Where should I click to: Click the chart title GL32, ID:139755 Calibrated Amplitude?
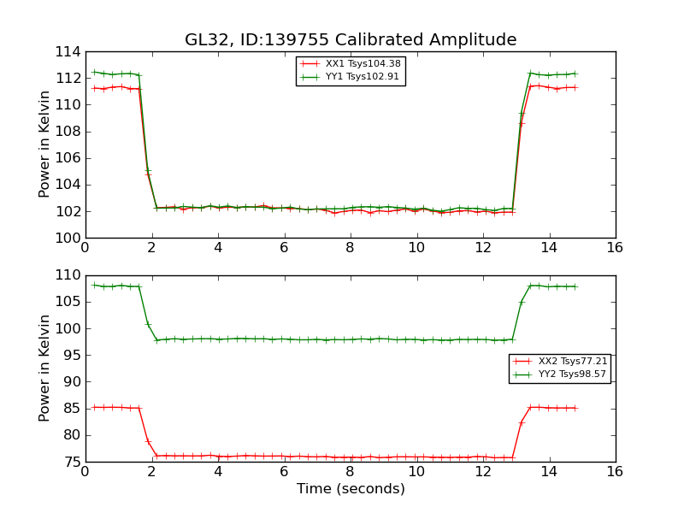click(x=351, y=40)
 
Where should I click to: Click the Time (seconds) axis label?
click(x=351, y=489)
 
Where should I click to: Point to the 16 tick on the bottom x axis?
click(x=615, y=471)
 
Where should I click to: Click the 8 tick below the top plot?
click(x=350, y=247)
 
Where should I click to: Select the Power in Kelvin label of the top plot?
click(x=44, y=144)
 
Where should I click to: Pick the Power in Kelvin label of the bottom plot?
click(x=44, y=369)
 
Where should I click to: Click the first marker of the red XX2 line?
click(x=94, y=407)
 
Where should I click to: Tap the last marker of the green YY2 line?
click(x=575, y=286)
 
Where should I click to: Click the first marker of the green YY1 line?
click(x=94, y=72)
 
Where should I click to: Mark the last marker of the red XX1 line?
click(x=575, y=87)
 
